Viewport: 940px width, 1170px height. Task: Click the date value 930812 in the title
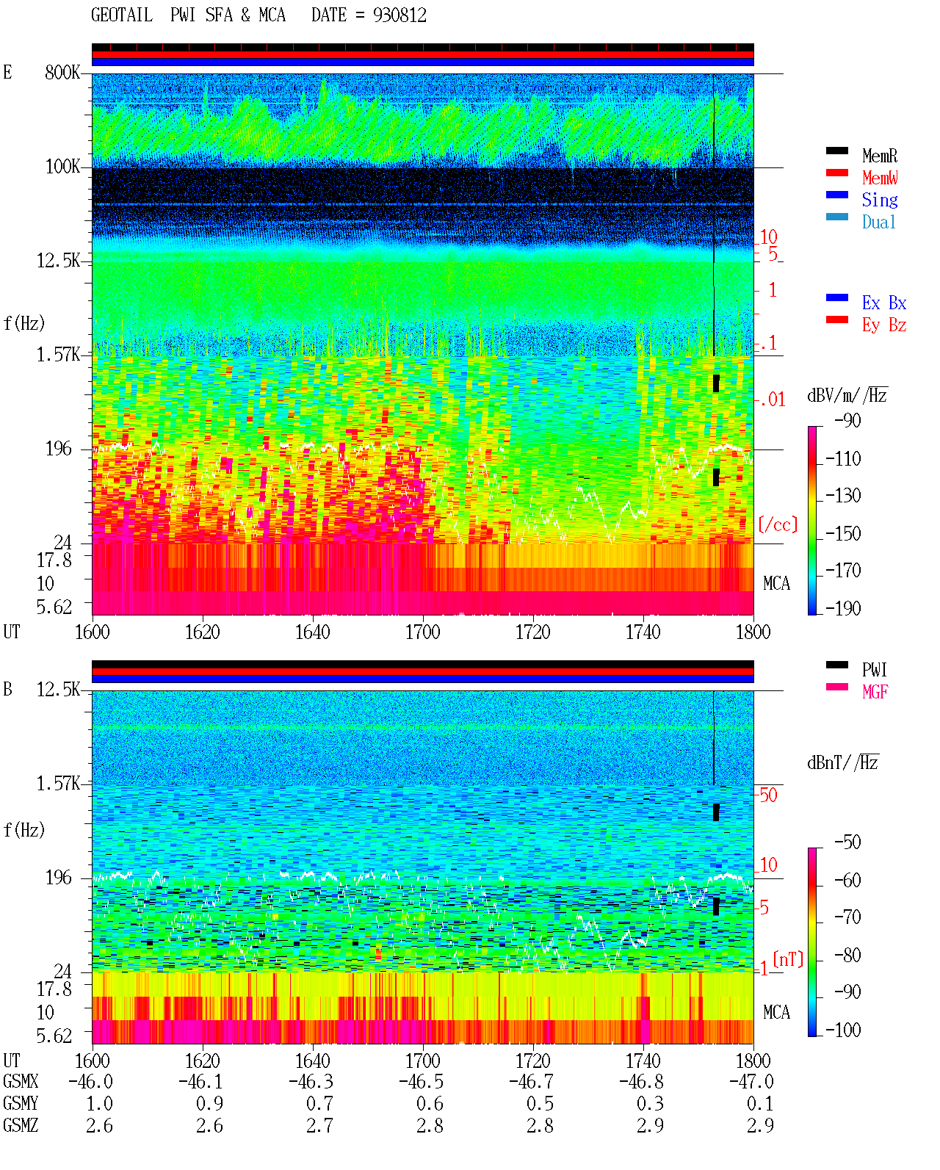point(399,15)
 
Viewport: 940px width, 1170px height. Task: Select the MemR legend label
point(879,156)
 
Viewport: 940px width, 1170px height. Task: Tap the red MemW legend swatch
point(836,173)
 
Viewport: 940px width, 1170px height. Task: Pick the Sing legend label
point(879,200)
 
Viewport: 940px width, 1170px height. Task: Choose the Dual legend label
point(878,222)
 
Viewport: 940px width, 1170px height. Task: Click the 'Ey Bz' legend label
point(883,325)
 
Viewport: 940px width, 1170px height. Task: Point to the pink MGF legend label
point(875,692)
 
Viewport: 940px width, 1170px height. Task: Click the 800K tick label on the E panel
point(62,72)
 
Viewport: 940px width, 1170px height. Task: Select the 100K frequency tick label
point(62,167)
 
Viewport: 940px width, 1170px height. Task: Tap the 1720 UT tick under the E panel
point(533,632)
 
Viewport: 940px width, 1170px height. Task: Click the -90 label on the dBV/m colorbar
point(847,421)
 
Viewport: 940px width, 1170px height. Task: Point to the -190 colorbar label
point(843,608)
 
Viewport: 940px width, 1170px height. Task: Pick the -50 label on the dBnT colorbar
point(847,842)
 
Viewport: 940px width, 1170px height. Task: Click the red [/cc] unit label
point(778,524)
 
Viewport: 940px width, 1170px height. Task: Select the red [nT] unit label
point(788,959)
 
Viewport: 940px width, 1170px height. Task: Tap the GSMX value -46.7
point(531,1081)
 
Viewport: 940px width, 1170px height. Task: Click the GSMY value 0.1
point(760,1103)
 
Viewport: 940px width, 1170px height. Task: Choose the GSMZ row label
point(21,1125)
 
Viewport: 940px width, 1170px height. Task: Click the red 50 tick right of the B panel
point(768,795)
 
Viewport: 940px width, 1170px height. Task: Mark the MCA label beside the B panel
point(776,1012)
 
